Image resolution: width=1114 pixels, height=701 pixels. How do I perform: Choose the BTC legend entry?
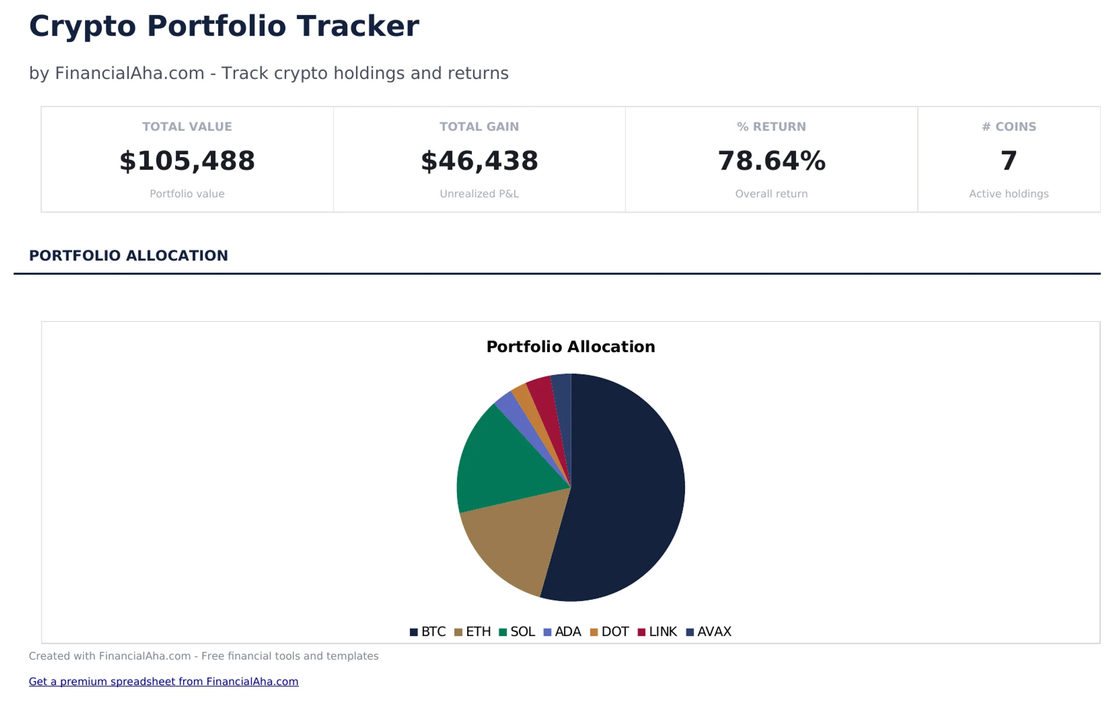[x=428, y=632]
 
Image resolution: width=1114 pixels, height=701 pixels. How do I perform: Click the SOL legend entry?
[x=517, y=632]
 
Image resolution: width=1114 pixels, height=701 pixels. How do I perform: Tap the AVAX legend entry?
[x=709, y=632]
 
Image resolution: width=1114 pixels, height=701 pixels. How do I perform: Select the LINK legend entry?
[x=658, y=632]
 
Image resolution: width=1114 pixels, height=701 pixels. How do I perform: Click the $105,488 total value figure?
[x=187, y=161]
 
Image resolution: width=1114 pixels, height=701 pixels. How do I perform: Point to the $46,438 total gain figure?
[x=479, y=161]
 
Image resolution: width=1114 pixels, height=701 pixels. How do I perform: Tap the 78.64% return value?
[x=771, y=161]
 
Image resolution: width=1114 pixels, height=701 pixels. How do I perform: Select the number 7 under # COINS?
[x=1009, y=161]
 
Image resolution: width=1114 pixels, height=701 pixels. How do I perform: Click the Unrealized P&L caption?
[x=479, y=194]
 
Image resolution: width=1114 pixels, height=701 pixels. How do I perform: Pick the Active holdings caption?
[x=1009, y=194]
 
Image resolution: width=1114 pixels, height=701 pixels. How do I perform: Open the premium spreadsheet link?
[x=163, y=681]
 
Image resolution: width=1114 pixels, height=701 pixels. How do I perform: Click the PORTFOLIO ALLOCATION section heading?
[x=129, y=255]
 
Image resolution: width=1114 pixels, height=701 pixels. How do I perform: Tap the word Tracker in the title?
[x=358, y=26]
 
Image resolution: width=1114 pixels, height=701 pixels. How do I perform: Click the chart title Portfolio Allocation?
[x=570, y=347]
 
